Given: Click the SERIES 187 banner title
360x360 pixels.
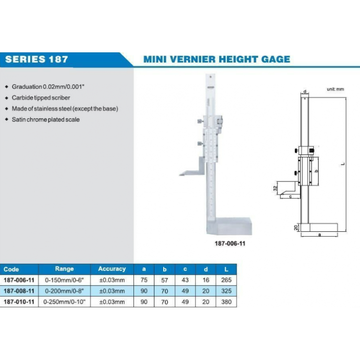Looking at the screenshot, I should click(x=36, y=60).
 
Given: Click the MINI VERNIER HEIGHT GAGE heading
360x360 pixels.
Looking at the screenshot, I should click(x=216, y=60).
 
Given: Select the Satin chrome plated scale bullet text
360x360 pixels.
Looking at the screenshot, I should click(x=46, y=120).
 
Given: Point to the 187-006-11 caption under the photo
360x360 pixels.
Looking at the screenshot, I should click(x=229, y=244).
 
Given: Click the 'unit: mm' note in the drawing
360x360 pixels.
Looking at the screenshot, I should click(x=336, y=89).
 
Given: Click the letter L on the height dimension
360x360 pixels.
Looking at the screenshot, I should click(x=343, y=164).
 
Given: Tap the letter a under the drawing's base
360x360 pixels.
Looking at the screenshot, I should click(x=319, y=235).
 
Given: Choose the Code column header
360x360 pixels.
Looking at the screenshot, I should click(x=11, y=269).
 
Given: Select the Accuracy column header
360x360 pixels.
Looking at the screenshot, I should click(x=111, y=269).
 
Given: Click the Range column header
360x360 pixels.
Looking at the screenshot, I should click(x=64, y=269).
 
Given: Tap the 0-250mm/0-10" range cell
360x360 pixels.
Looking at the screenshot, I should click(x=64, y=302).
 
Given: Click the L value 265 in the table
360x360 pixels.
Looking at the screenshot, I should click(x=227, y=280).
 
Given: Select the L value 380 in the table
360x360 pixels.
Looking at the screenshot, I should click(x=227, y=302).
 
